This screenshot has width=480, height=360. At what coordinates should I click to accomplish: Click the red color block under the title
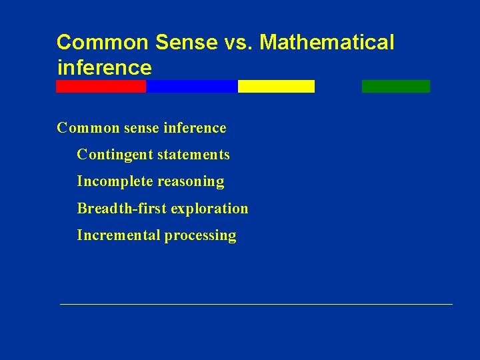tap(101, 86)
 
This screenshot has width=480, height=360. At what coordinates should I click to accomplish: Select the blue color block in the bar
tap(191, 86)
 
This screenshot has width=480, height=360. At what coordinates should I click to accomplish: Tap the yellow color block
tap(276, 86)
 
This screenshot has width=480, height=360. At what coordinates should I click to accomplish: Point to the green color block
tap(396, 86)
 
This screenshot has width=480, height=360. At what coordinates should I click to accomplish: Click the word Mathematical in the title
tap(327, 42)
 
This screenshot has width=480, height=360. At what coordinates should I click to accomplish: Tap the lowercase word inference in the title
tap(105, 67)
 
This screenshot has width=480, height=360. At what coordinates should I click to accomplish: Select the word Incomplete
tap(115, 181)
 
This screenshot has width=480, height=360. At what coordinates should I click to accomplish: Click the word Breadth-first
tap(121, 208)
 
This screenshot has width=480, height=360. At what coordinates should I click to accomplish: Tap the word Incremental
tap(118, 235)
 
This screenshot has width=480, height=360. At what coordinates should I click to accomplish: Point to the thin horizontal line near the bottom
tap(256, 304)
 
